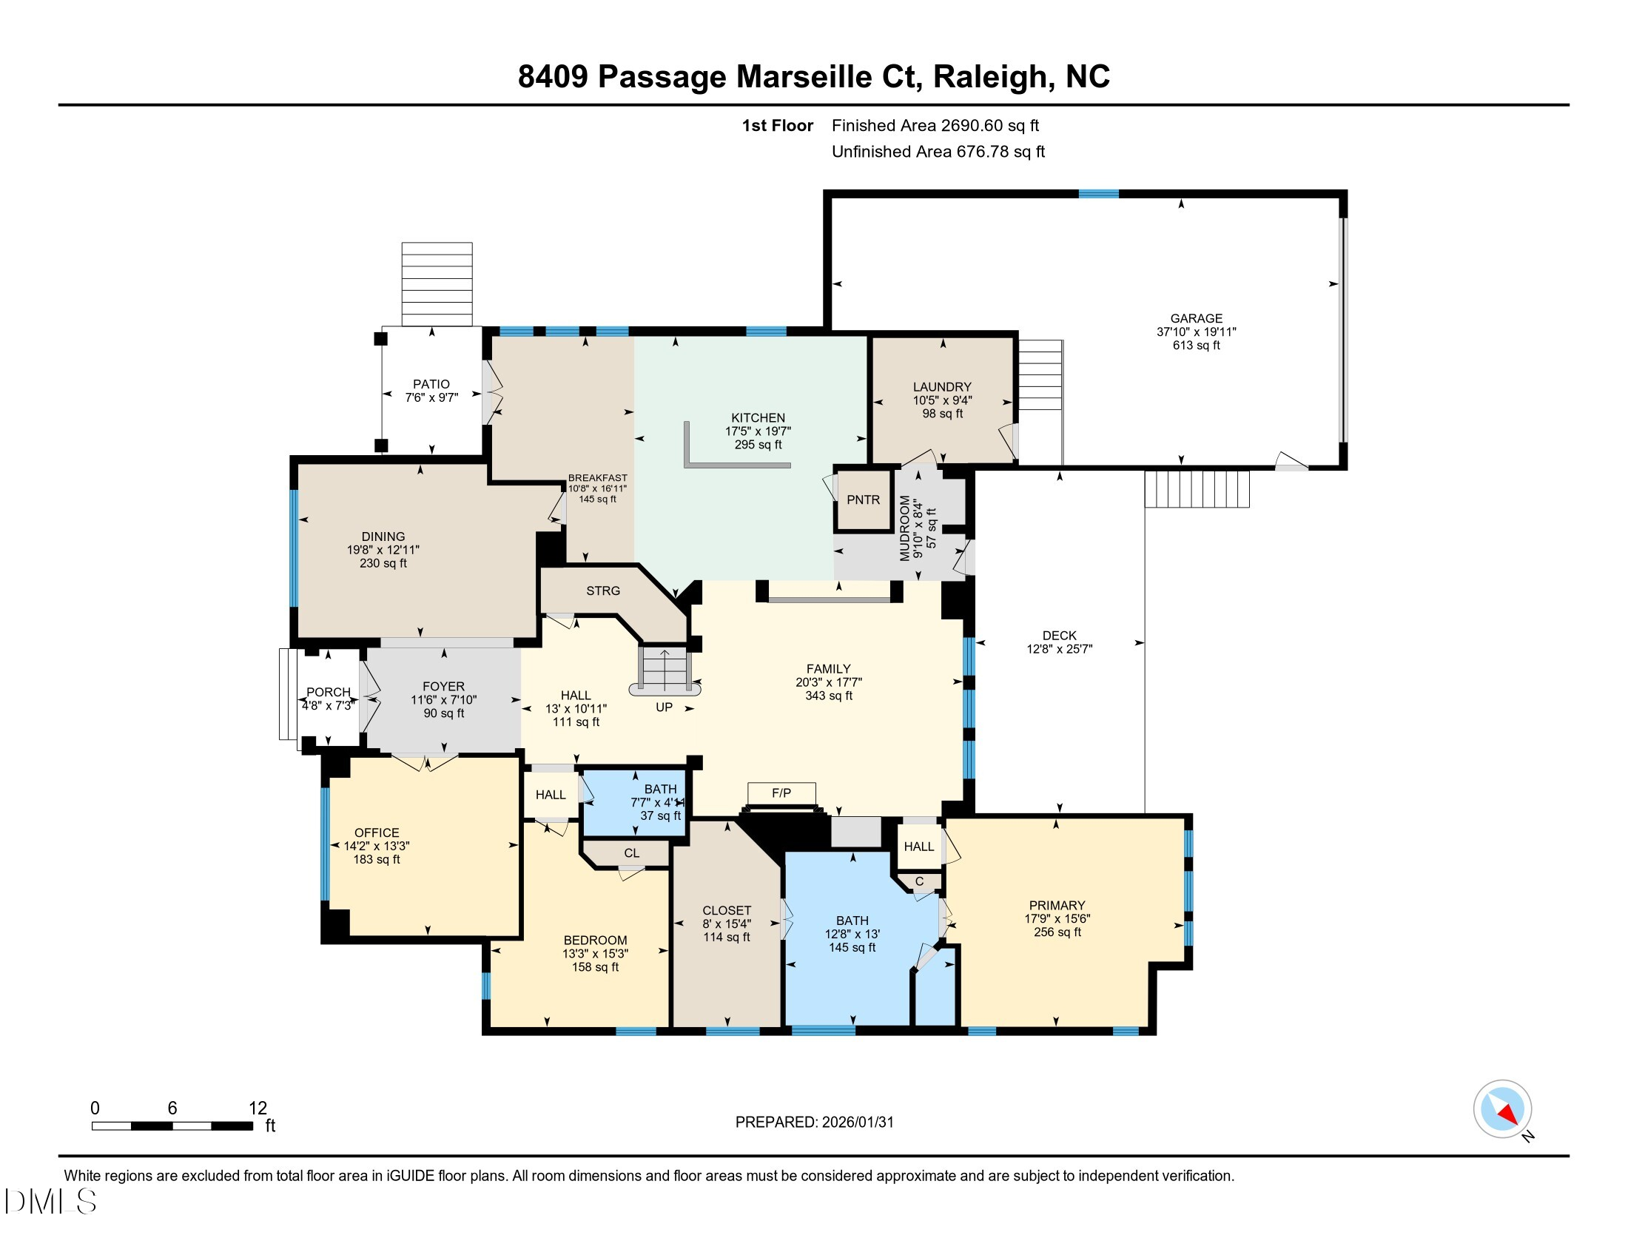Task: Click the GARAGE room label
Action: (x=1196, y=318)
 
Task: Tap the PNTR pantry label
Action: (x=862, y=500)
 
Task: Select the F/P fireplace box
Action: (x=781, y=793)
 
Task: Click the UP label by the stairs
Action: (x=664, y=707)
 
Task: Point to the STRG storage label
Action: (x=602, y=591)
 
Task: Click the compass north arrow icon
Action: (x=1502, y=1109)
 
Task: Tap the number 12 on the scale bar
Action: (x=258, y=1108)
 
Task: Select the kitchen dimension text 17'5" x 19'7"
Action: (x=757, y=431)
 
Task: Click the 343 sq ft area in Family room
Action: (x=828, y=696)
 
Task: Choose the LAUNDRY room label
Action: (x=942, y=387)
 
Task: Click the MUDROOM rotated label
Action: (x=905, y=528)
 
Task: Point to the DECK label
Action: (x=1059, y=636)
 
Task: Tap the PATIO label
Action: (x=431, y=385)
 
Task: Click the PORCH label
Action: (x=328, y=693)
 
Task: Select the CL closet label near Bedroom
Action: (x=631, y=853)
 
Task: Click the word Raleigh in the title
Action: (x=990, y=77)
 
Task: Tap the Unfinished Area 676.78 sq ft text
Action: (x=938, y=152)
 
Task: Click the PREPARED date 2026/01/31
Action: (x=857, y=1123)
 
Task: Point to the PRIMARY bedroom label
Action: (x=1056, y=906)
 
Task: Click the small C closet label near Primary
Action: (x=919, y=881)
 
